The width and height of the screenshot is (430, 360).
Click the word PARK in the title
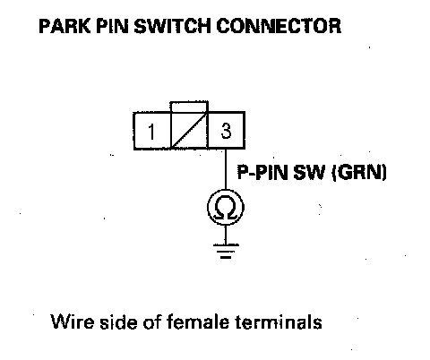pyautogui.click(x=64, y=26)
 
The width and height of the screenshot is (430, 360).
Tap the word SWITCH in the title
pyautogui.click(x=173, y=26)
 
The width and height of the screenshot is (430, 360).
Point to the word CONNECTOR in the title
pyautogui.click(x=279, y=26)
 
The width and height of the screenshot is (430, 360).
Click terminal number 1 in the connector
pyautogui.click(x=152, y=131)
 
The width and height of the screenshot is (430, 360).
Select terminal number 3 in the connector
pyautogui.click(x=226, y=131)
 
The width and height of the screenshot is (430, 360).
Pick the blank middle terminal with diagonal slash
pyautogui.click(x=189, y=131)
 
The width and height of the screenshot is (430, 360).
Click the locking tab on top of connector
pyautogui.click(x=189, y=107)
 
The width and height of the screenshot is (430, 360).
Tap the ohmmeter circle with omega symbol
pyautogui.click(x=226, y=208)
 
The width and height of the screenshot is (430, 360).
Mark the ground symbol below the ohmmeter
pyautogui.click(x=226, y=251)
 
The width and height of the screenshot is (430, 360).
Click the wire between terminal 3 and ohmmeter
pyautogui.click(x=226, y=169)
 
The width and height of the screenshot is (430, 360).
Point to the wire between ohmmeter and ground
pyautogui.click(x=226, y=236)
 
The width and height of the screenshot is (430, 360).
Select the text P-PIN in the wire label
pyautogui.click(x=262, y=172)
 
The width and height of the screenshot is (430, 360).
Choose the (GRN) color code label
pyautogui.click(x=359, y=173)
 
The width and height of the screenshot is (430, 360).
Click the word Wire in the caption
pyautogui.click(x=73, y=322)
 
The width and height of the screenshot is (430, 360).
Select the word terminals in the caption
pyautogui.click(x=279, y=322)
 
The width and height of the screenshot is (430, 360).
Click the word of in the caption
pyautogui.click(x=152, y=322)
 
